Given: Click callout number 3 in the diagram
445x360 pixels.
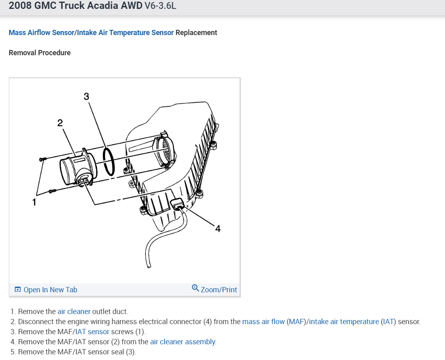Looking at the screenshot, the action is [x=86, y=96].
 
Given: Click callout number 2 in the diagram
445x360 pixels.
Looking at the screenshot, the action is [x=60, y=123].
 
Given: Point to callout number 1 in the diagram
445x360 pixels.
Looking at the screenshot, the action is [x=34, y=202].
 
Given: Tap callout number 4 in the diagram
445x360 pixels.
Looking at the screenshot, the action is [x=218, y=229].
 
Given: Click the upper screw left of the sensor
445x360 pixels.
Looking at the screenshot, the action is [x=43, y=160].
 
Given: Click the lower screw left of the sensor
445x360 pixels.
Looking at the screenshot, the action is [x=52, y=191].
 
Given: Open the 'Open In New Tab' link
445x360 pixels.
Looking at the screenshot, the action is [x=50, y=289].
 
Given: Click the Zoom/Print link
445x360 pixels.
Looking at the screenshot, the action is [x=219, y=289].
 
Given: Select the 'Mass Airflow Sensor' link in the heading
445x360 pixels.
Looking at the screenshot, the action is [x=41, y=33].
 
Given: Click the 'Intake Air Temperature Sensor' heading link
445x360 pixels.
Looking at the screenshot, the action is [x=125, y=33].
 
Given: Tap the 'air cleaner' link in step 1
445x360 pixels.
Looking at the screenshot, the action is [x=74, y=312].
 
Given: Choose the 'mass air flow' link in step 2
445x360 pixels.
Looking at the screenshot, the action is [x=263, y=322].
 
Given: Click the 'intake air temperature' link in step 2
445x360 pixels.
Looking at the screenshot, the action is [x=344, y=322].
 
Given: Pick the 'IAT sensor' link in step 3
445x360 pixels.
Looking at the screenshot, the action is [x=92, y=332].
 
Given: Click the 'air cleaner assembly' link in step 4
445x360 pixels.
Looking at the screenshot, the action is [x=183, y=342].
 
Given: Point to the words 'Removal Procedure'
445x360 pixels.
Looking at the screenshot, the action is [x=39, y=53].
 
